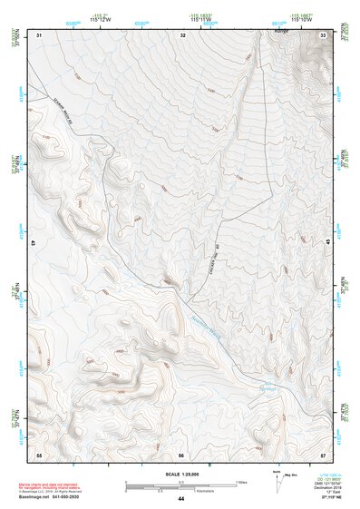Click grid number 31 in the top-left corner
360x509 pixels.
tap(39, 34)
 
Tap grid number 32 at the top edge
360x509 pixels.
tap(183, 34)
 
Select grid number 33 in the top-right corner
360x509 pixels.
tap(324, 34)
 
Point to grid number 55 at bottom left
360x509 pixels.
tap(39, 453)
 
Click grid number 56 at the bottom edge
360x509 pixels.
tap(181, 454)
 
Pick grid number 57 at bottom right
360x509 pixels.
tap(324, 453)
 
